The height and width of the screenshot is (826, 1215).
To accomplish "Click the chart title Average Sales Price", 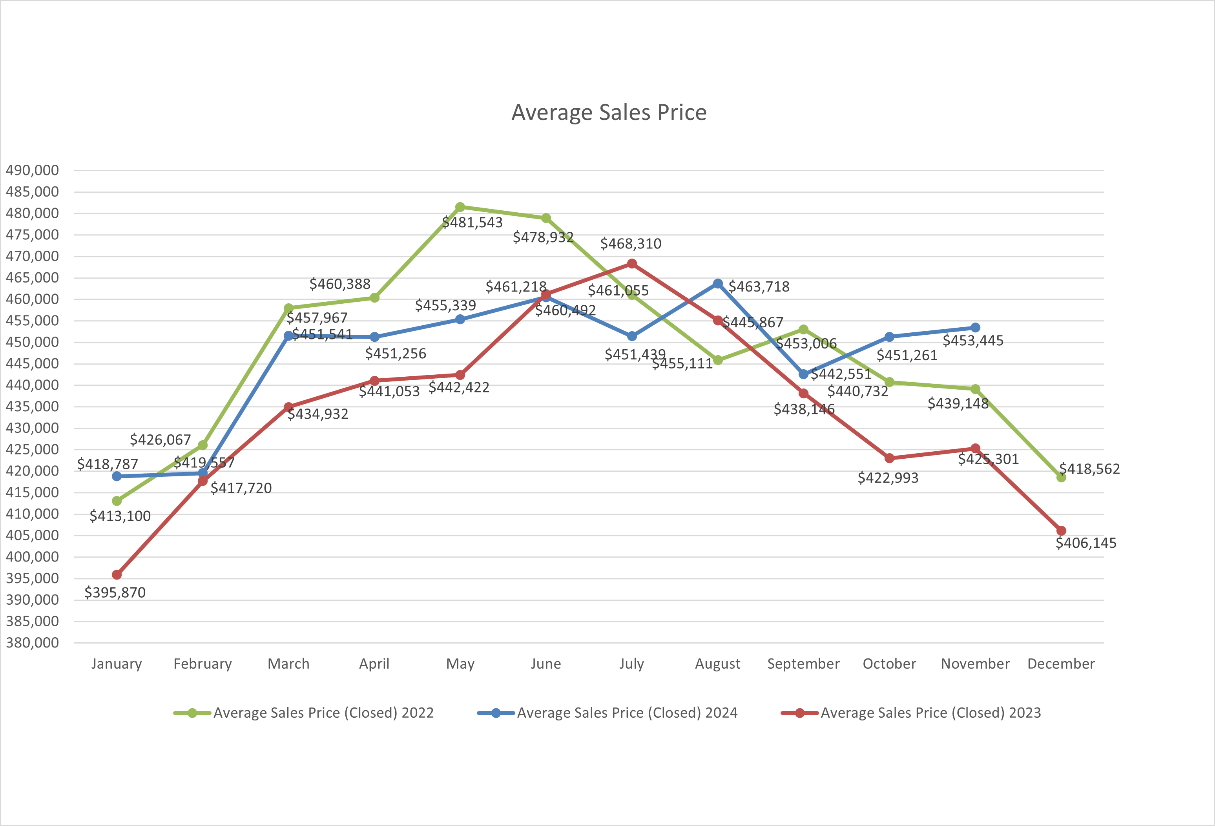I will tap(609, 112).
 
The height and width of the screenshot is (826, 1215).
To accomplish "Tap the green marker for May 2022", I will tap(460, 207).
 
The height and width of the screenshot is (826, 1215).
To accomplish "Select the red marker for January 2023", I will tap(117, 574).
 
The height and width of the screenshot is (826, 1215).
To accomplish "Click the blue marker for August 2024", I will tap(718, 283).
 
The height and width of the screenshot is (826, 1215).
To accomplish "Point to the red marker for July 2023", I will tap(631, 263).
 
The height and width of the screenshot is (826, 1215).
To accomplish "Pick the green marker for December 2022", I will tap(1061, 477).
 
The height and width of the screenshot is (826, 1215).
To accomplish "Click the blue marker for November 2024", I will tap(975, 327).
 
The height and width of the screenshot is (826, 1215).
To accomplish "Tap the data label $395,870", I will tap(115, 592).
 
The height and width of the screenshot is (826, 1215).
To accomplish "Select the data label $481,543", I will tap(472, 222).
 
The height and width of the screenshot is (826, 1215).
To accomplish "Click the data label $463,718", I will tap(759, 286).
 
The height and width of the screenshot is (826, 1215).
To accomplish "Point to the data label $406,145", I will tap(1086, 543).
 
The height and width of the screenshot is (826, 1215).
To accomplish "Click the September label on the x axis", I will tap(803, 664).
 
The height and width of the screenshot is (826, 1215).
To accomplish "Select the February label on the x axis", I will tap(202, 664).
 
